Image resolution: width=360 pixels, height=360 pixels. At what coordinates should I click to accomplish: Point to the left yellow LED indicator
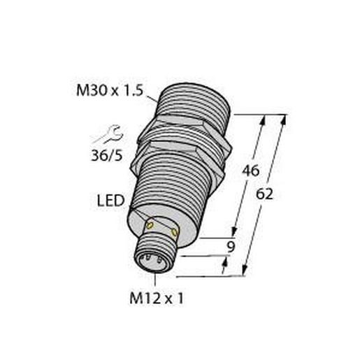[x=149, y=224]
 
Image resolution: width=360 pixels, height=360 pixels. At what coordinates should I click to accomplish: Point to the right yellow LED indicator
[x=174, y=229]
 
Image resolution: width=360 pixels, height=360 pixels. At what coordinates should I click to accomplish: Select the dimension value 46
[x=250, y=171]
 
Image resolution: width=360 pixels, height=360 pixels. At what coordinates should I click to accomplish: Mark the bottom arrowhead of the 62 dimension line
[x=247, y=272]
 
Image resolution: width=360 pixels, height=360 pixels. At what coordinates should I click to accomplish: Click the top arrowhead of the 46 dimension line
[x=264, y=120]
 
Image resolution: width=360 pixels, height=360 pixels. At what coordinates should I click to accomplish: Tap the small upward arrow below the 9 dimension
[x=225, y=263]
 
